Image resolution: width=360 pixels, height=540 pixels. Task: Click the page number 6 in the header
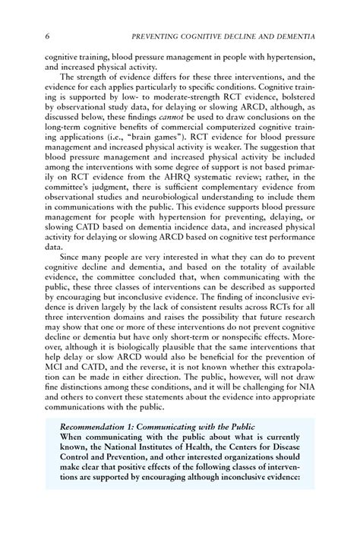tap(47, 36)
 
